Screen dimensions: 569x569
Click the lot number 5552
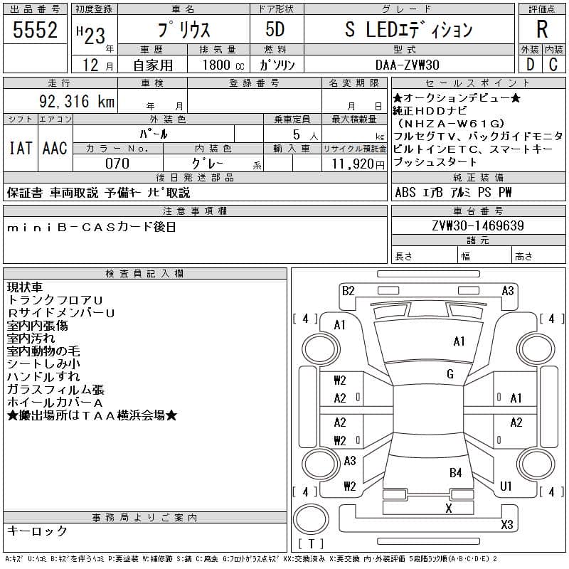35,30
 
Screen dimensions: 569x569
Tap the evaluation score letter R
542,29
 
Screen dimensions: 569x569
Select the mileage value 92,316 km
77,101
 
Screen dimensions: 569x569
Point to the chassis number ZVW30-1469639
478,225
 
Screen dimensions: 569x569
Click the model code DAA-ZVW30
408,65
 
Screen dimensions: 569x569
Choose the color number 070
117,164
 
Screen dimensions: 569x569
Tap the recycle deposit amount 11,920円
358,164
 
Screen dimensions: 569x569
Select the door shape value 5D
275,29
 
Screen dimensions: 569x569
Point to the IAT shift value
21,148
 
